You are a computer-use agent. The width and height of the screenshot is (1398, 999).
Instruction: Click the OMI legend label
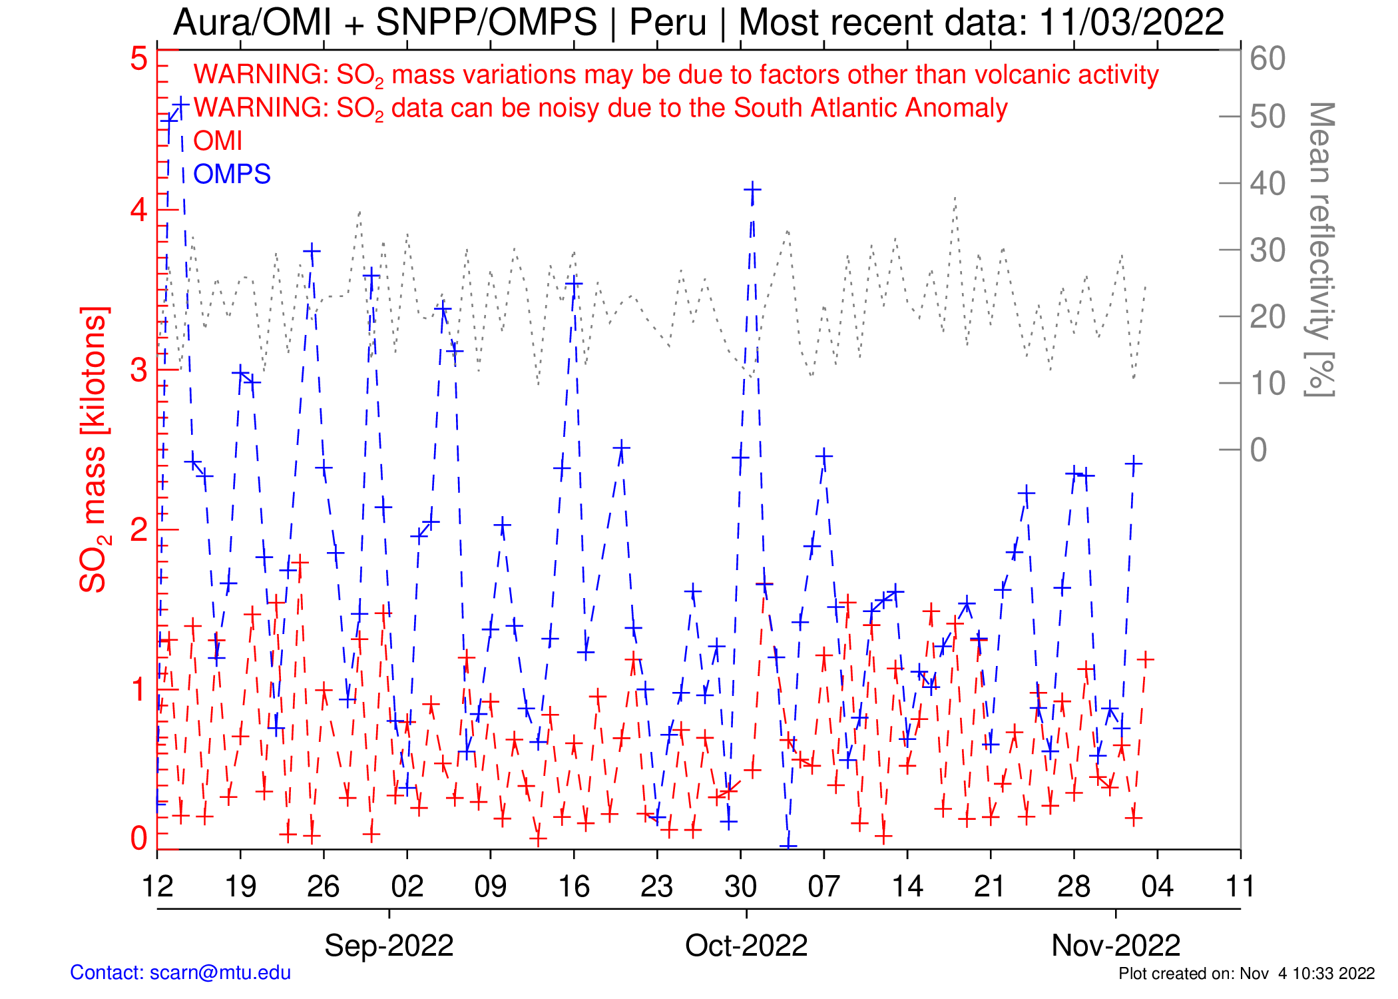tap(217, 141)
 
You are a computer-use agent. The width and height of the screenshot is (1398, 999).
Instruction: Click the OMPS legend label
tap(232, 174)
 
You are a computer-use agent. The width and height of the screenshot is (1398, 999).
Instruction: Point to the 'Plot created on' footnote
tap(1246, 974)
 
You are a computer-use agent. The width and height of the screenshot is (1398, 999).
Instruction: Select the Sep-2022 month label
tap(389, 945)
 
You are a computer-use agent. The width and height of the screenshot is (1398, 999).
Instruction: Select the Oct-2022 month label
tap(746, 945)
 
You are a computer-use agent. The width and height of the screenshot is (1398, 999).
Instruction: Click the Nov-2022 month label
tap(1116, 945)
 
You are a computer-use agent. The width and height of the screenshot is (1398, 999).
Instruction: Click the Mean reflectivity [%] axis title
tap(1321, 250)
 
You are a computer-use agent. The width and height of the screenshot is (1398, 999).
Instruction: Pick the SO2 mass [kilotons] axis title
tap(94, 450)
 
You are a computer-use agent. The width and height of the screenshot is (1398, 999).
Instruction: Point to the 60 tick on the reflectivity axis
tap(1268, 59)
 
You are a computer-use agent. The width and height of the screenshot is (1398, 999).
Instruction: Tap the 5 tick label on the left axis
tap(138, 59)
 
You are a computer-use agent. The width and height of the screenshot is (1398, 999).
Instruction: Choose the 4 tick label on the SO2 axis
tap(138, 210)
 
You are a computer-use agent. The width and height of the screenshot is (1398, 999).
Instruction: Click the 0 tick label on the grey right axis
tap(1258, 450)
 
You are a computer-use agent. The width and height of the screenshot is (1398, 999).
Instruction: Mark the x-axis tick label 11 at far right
tap(1240, 886)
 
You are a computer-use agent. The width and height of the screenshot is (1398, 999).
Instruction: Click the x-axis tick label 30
tap(740, 886)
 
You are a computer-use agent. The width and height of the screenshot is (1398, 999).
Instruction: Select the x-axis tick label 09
tap(491, 886)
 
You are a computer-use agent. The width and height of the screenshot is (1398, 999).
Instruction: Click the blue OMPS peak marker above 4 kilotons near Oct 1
tap(752, 190)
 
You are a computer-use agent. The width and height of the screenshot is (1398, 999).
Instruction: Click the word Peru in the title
tap(668, 23)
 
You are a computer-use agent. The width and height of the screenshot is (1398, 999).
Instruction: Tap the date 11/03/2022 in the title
tap(1131, 23)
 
